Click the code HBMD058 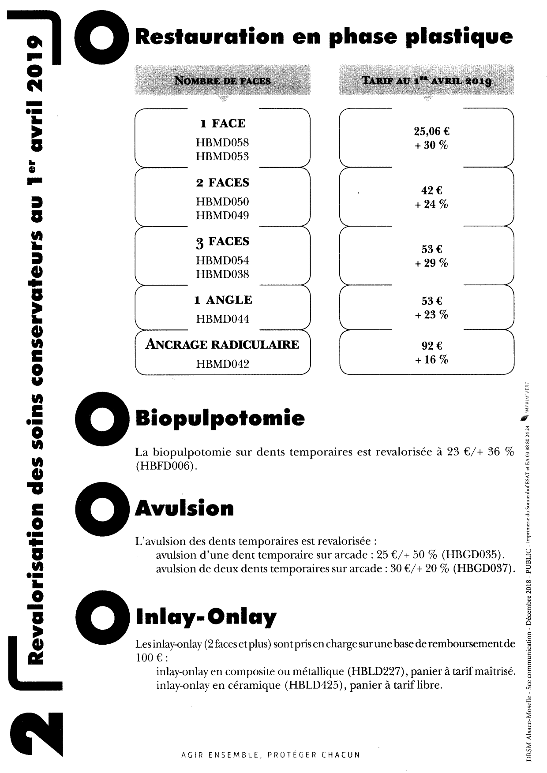222,142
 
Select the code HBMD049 222,216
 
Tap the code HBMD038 222,274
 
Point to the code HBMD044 222,319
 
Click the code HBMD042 222,364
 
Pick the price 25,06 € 431,131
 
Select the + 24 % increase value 431,205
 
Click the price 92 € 432,346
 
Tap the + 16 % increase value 431,360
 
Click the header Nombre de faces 222,81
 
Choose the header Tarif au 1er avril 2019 426,81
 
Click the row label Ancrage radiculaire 222,344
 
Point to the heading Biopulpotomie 220,418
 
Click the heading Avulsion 184,508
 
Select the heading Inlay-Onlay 206,617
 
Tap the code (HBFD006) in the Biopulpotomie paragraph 165,466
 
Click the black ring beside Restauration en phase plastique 101,37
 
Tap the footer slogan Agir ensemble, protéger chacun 271,754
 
